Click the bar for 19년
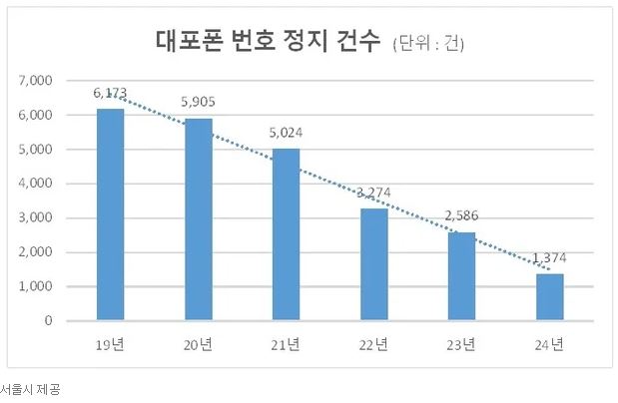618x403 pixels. point(110,214)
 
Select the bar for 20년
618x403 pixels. point(198,219)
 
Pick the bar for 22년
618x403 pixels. point(373,264)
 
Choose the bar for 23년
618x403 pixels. point(461,276)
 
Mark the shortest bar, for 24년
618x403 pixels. point(549,297)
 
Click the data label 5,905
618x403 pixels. point(198,101)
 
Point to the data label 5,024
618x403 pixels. point(286,131)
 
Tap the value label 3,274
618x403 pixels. point(373,192)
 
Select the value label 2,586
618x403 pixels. point(461,214)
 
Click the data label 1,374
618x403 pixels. point(549,256)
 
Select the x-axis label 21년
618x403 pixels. point(286,345)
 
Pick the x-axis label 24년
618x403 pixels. point(549,345)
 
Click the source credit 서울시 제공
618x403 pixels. point(30,390)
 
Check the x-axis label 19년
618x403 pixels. point(110,345)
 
